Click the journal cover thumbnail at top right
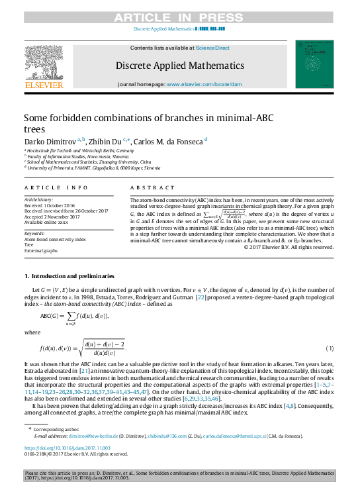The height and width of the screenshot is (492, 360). (315, 64)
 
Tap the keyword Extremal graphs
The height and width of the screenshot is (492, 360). (42, 251)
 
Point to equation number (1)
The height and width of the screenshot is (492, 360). (330, 349)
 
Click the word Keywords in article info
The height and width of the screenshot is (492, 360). (34, 234)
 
